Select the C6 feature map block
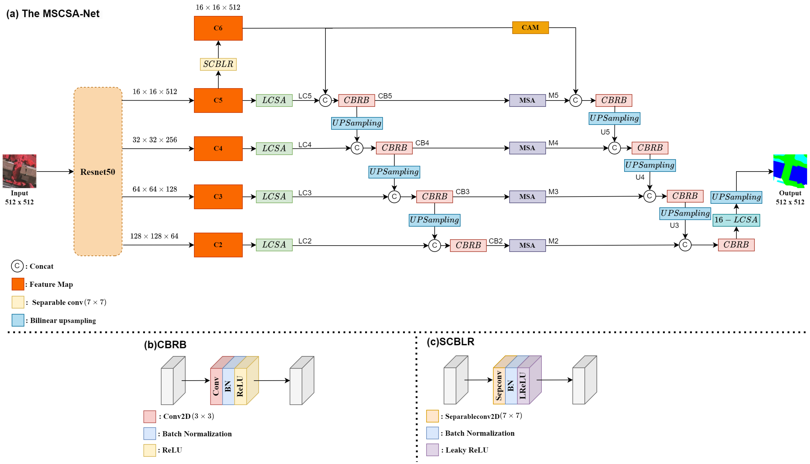click(x=218, y=28)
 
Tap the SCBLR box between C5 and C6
click(x=218, y=64)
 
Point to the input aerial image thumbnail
click(x=19, y=171)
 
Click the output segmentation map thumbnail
click(x=790, y=171)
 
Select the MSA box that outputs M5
click(x=527, y=100)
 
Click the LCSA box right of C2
click(x=274, y=245)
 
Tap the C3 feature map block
click(x=218, y=197)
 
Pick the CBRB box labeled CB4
click(x=394, y=148)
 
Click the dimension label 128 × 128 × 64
click(x=154, y=236)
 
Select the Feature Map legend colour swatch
click(x=18, y=284)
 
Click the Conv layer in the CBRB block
click(x=216, y=386)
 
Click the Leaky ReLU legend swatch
click(x=432, y=450)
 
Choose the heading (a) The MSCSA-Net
click(x=53, y=14)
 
